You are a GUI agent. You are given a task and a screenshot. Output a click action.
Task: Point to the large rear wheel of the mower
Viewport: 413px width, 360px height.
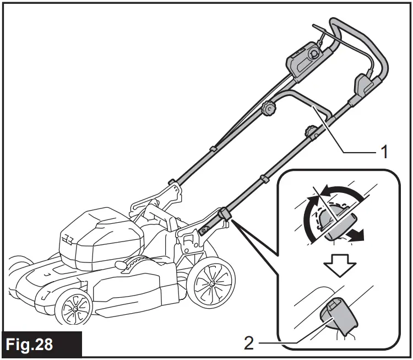(210, 282)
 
